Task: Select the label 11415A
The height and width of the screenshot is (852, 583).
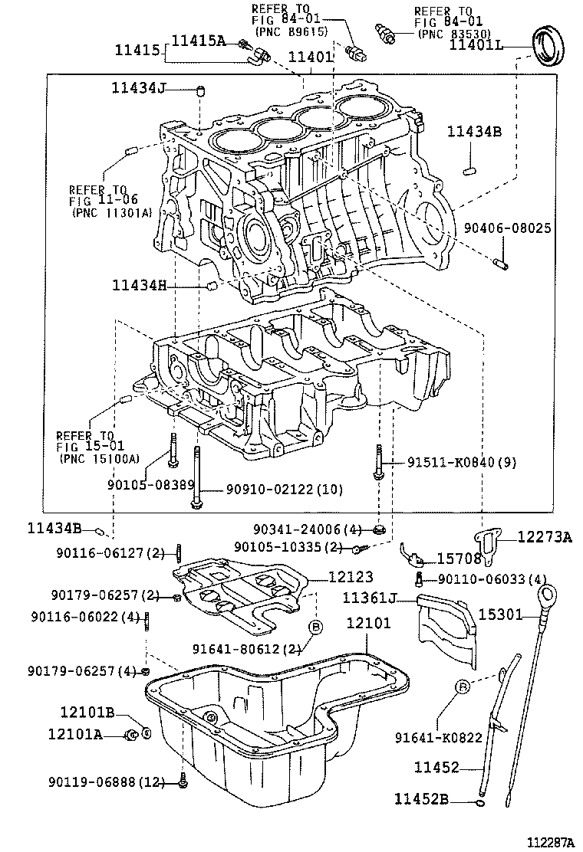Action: pos(198,41)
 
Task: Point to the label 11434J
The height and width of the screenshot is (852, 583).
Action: pos(139,89)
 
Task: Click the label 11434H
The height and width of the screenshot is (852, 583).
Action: pos(139,286)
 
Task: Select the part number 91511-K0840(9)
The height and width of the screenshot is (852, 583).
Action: pos(450,463)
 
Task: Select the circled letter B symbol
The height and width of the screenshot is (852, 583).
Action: pos(315,627)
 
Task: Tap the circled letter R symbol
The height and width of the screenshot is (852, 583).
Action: pos(460,689)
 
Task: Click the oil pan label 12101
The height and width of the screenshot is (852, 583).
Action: pos(368,623)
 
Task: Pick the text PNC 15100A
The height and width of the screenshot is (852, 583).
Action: pos(99,458)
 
